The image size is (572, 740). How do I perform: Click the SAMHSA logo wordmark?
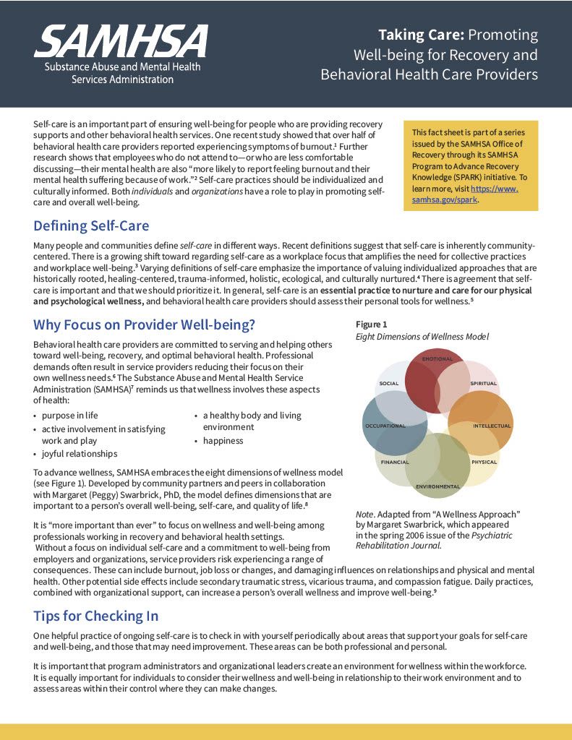(x=120, y=41)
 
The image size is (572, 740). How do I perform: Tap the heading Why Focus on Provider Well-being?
(x=144, y=324)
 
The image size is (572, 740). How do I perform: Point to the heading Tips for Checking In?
(x=95, y=616)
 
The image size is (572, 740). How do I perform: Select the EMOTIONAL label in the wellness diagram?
(x=437, y=359)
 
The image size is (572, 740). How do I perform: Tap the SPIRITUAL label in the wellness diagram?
(x=484, y=383)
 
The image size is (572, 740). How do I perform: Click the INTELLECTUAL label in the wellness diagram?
(x=492, y=426)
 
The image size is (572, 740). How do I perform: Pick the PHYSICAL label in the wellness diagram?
(x=484, y=462)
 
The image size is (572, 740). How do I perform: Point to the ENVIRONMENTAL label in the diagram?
(x=437, y=486)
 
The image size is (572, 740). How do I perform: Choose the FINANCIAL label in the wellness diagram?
(x=395, y=462)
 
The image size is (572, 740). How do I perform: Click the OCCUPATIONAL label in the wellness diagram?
(x=385, y=426)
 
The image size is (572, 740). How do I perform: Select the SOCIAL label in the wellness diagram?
(x=389, y=383)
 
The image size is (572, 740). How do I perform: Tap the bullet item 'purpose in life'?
(x=69, y=416)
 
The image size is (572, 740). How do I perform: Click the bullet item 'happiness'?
(x=223, y=441)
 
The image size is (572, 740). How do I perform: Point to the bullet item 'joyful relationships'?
(x=80, y=454)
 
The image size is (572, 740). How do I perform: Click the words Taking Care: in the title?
(x=422, y=35)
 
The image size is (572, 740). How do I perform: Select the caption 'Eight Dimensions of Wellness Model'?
(x=422, y=337)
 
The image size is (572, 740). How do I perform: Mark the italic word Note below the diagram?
(x=364, y=514)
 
